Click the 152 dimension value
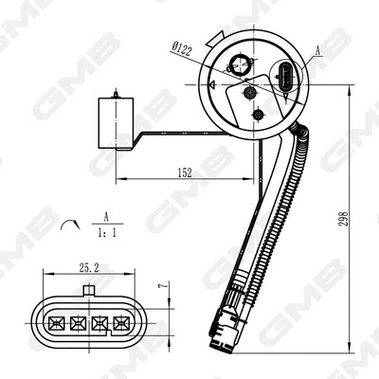pos(184,172)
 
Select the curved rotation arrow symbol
pos(68,225)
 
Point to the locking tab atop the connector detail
pos(88,289)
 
